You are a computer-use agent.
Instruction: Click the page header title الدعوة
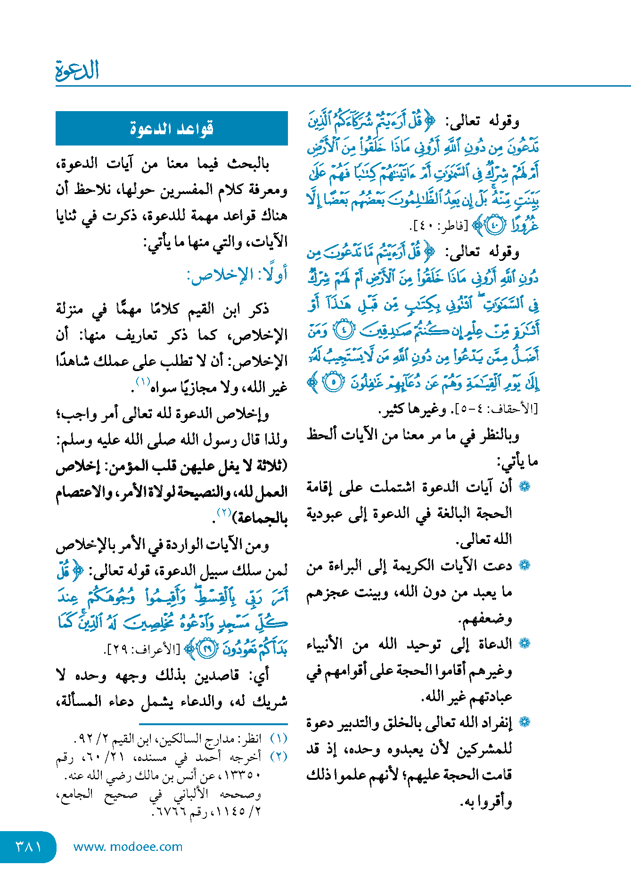tap(77, 71)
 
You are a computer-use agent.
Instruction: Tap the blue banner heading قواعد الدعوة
tap(172, 129)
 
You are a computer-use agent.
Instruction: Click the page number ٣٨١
tap(28, 846)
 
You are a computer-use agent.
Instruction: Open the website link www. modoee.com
tap(128, 847)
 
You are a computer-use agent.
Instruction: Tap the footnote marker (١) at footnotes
tap(279, 738)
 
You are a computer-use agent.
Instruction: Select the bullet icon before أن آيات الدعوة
tap(524, 487)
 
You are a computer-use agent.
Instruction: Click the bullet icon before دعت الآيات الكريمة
tap(524, 565)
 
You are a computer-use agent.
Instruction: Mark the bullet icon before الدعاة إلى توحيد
tap(524, 643)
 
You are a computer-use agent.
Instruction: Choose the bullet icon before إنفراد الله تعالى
tap(524, 721)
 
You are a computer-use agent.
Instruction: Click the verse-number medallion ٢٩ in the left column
tap(207, 649)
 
